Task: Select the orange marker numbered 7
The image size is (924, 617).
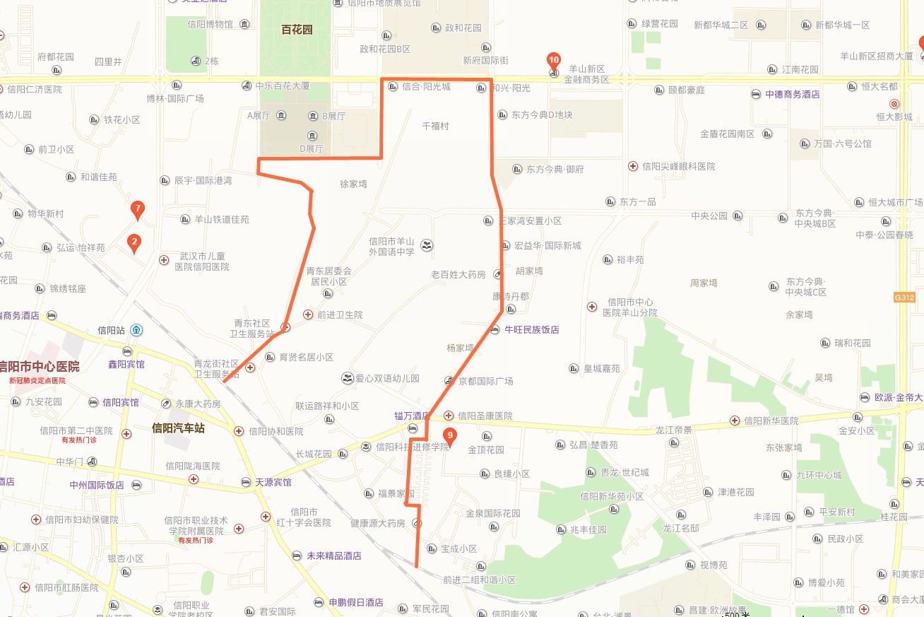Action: (x=138, y=209)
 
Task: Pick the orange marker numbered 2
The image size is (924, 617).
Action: (x=134, y=243)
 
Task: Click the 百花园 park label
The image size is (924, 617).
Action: (x=297, y=30)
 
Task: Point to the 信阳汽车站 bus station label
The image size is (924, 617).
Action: (x=178, y=428)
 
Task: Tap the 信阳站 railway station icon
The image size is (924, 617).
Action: (x=136, y=330)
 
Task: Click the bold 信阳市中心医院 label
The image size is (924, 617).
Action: (x=40, y=367)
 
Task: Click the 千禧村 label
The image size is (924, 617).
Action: (x=435, y=126)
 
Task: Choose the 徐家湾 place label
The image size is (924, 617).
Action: (x=353, y=184)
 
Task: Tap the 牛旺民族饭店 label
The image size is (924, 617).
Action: (x=531, y=329)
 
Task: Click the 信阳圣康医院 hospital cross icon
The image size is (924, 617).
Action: (x=449, y=416)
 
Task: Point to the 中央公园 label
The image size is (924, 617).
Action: (x=709, y=216)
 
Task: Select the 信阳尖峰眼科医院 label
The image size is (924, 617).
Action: (x=678, y=166)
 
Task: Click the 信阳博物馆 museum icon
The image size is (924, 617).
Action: (x=244, y=25)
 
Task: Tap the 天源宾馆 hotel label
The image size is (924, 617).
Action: (x=273, y=482)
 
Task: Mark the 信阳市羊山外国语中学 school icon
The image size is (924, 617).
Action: (x=427, y=245)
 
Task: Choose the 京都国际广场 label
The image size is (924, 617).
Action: (x=486, y=381)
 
